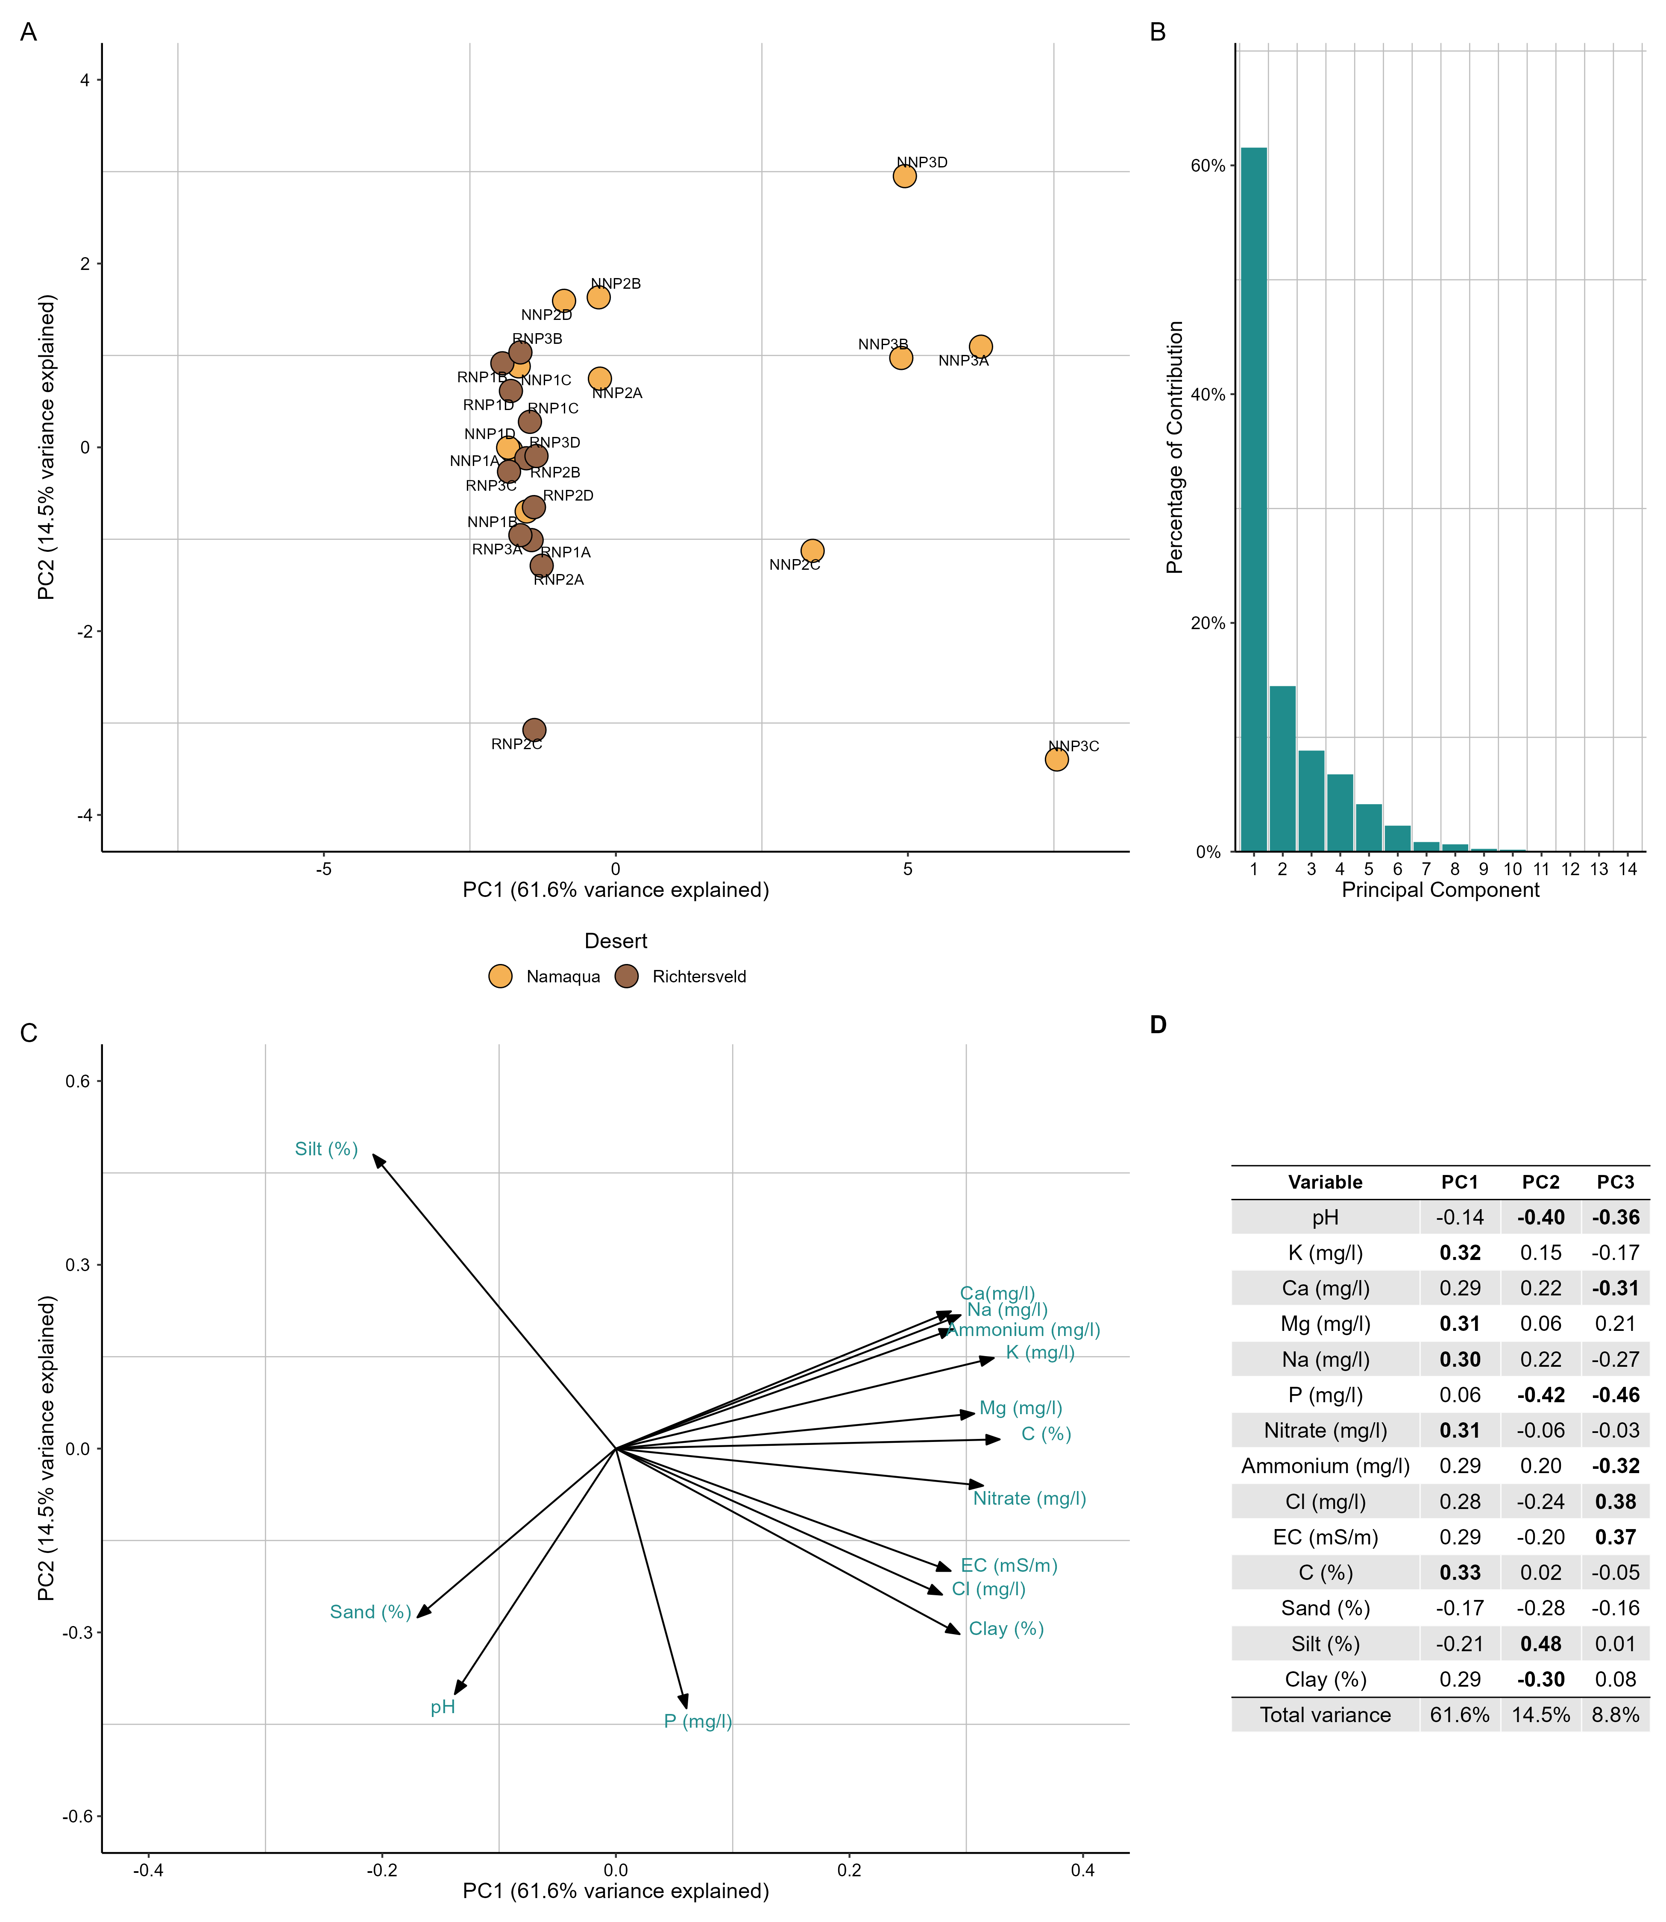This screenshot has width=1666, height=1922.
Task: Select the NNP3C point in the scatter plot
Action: click(x=1056, y=759)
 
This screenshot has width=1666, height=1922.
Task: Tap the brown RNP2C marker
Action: click(x=534, y=730)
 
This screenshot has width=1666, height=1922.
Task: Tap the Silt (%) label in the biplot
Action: click(x=326, y=1150)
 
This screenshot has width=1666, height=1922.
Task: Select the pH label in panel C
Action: click(x=443, y=1707)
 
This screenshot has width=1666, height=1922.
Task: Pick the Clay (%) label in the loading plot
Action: click(x=1006, y=1628)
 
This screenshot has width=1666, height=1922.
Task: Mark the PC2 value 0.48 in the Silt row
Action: click(x=1540, y=1644)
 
